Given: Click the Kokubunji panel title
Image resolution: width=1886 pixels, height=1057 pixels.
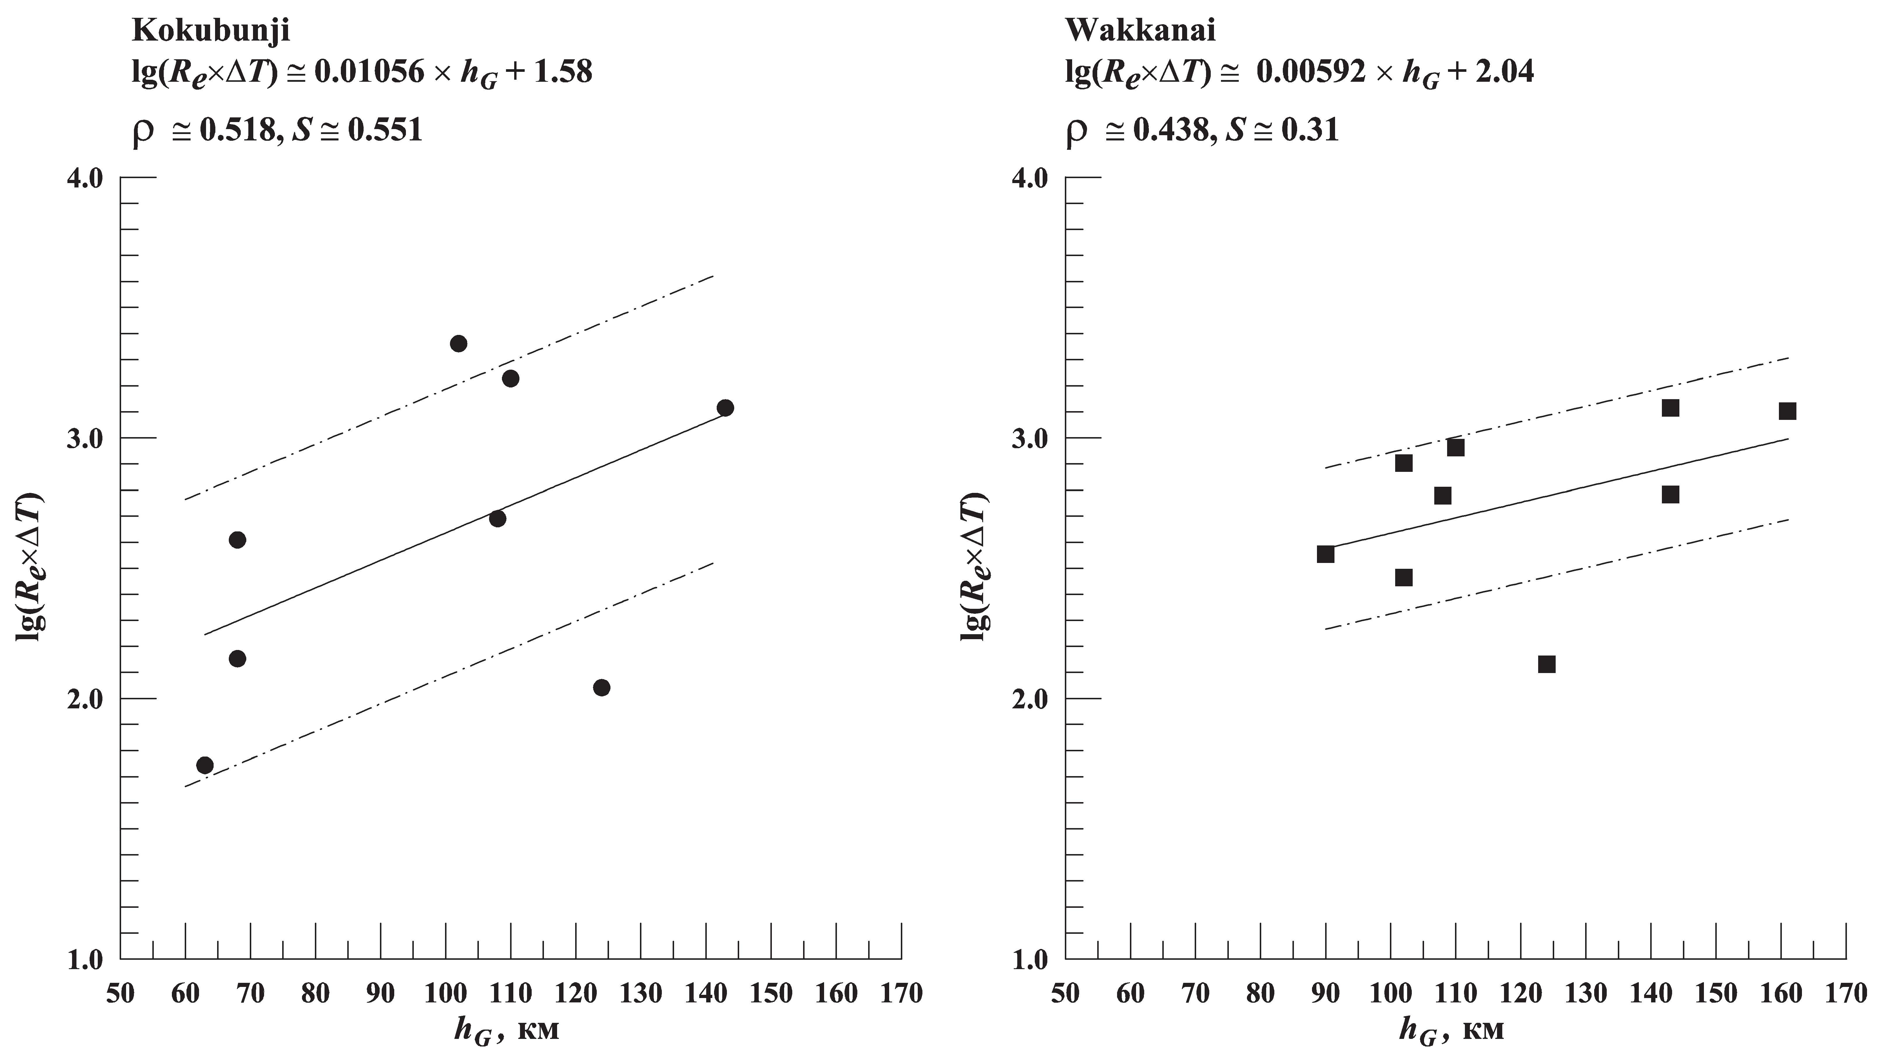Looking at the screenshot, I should coord(211,31).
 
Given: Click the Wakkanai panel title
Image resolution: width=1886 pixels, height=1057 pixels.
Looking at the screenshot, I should coord(1140,31).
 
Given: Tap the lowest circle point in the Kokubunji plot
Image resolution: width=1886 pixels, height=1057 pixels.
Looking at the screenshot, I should coord(205,766).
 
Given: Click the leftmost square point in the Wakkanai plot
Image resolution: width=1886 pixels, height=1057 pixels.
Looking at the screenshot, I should coord(1325,554).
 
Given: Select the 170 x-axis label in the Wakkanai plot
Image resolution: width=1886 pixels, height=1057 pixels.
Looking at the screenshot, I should coord(1846,994).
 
